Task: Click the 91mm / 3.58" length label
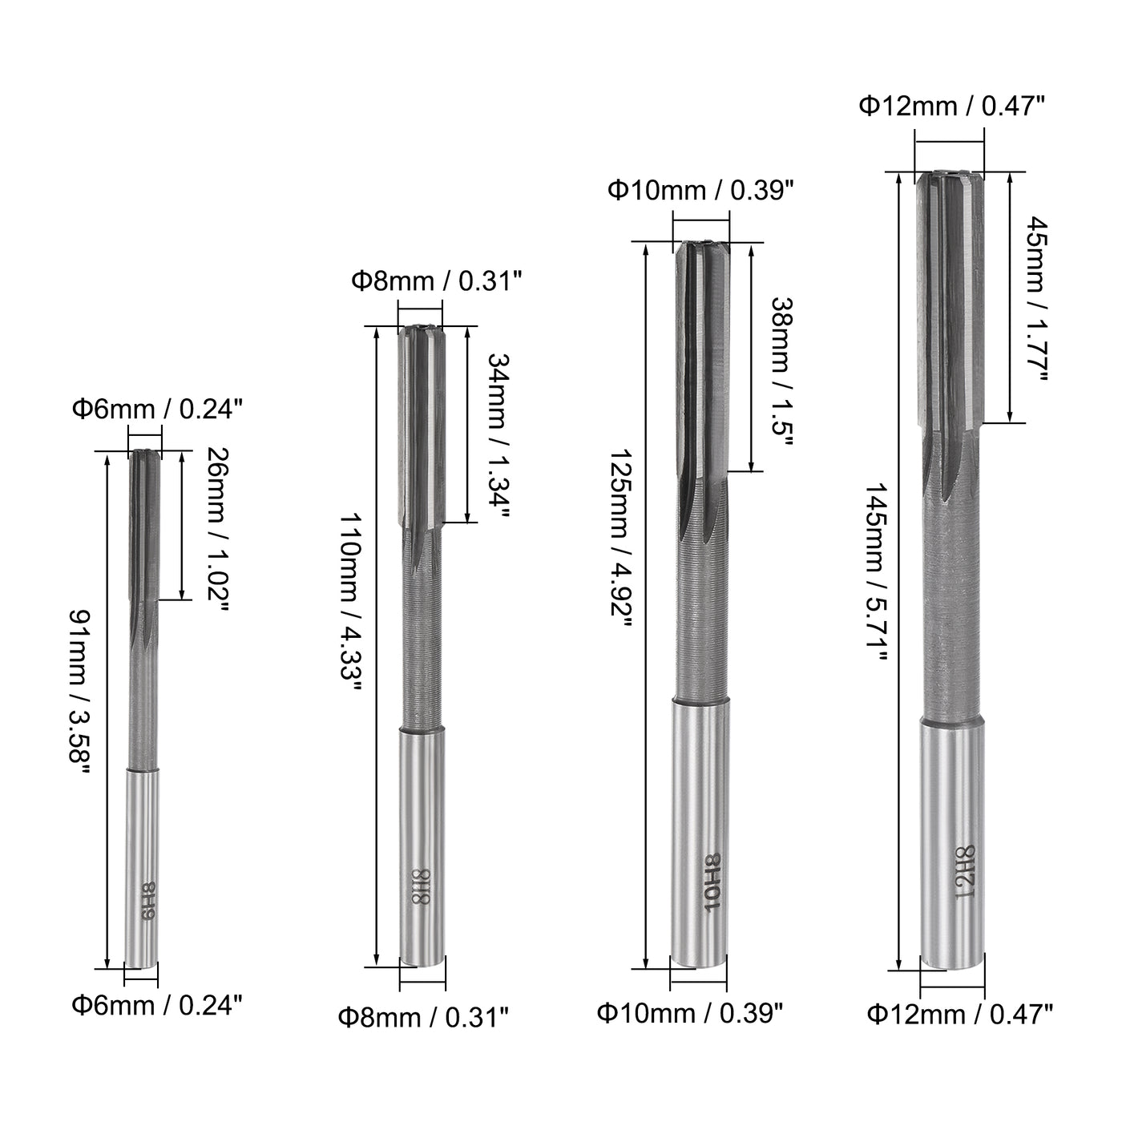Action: [80, 689]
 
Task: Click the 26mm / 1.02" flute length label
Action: [216, 529]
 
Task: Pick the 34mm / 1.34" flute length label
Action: [498, 437]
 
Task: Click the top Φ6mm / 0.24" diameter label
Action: [157, 410]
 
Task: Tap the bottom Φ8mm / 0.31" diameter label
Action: [422, 1018]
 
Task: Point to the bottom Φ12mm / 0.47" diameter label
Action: [959, 1015]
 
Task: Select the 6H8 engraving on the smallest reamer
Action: [147, 902]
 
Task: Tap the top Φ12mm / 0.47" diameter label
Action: [951, 105]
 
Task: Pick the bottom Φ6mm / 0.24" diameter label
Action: [157, 1004]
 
